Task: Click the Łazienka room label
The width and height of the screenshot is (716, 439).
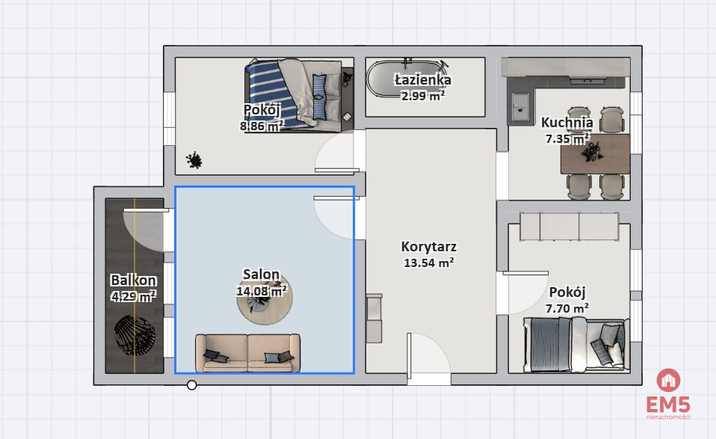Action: [423, 80]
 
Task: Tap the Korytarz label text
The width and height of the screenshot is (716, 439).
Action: [429, 247]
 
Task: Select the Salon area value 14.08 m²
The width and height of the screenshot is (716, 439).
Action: [262, 291]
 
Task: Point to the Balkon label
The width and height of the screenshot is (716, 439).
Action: [133, 280]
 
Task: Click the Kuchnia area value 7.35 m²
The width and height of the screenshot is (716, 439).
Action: [567, 138]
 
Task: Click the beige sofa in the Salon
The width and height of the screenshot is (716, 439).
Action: [248, 353]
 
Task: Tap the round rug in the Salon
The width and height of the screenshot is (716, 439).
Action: [265, 298]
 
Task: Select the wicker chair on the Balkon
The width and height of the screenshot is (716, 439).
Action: [135, 336]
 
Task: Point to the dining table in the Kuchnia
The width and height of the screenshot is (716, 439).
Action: [595, 154]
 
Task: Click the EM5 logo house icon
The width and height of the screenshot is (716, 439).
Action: [668, 380]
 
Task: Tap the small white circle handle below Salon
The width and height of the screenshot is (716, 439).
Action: [192, 385]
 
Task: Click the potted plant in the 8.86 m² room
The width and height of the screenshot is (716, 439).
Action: [194, 160]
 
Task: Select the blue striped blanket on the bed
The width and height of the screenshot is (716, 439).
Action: [270, 94]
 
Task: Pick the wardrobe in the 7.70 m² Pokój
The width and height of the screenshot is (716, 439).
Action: [570, 226]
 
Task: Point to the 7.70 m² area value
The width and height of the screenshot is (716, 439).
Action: [567, 308]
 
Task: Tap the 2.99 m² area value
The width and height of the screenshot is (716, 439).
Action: [423, 96]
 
